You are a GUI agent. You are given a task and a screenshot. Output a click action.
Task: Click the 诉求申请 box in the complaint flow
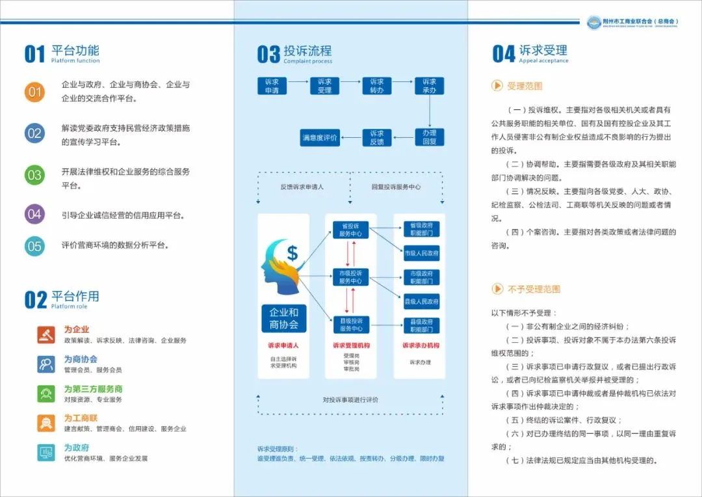click(x=272, y=86)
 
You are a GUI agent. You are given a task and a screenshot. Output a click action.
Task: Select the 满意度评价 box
click(x=320, y=138)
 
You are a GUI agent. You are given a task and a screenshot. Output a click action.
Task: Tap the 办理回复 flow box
click(x=429, y=137)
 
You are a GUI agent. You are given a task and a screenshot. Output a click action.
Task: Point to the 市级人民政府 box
click(x=421, y=253)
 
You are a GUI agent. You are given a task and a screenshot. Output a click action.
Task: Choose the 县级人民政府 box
click(x=421, y=301)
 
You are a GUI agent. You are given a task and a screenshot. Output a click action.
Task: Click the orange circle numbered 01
click(x=34, y=92)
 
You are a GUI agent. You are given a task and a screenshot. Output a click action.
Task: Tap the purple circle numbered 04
click(x=34, y=214)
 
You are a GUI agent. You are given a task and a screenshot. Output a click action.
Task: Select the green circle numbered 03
click(x=34, y=175)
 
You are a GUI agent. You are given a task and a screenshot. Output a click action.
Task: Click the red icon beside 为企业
click(x=46, y=334)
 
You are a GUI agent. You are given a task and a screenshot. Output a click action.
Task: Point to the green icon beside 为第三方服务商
click(x=46, y=394)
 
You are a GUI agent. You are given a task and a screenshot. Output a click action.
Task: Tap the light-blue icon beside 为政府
click(x=46, y=452)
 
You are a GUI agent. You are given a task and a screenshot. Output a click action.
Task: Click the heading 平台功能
click(x=75, y=51)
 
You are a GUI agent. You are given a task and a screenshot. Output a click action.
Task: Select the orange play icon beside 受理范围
click(x=497, y=86)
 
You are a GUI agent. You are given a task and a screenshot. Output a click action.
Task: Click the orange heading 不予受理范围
click(x=534, y=289)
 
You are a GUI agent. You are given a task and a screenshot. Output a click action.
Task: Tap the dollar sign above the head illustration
click(x=292, y=252)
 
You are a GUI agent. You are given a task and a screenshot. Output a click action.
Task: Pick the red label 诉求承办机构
click(x=421, y=346)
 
